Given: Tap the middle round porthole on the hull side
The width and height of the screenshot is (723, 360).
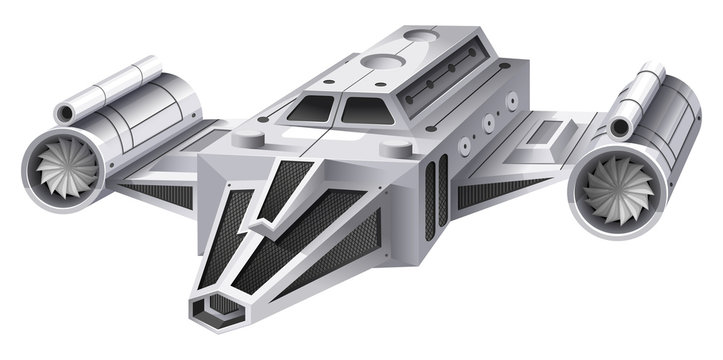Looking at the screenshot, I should (x=487, y=126).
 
